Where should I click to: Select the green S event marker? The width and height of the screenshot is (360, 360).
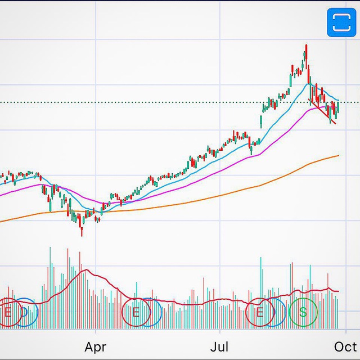[x=303, y=312]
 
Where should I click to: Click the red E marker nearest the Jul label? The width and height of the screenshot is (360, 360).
[x=260, y=312]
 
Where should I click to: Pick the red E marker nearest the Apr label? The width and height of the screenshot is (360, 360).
[x=136, y=312]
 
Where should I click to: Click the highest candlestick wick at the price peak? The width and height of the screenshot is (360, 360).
[x=306, y=46]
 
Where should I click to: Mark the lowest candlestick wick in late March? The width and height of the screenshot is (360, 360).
[x=82, y=233]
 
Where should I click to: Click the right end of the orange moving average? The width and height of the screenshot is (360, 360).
[x=338, y=156]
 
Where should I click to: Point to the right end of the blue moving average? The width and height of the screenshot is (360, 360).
[x=338, y=101]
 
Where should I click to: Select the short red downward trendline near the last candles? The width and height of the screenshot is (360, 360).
[x=327, y=115]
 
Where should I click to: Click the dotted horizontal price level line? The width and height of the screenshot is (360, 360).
[x=169, y=102]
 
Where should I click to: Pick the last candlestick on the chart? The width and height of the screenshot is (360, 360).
[x=338, y=107]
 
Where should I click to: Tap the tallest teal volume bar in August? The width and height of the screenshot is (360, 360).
[x=261, y=259]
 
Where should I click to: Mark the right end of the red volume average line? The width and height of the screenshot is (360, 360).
[x=339, y=291]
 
